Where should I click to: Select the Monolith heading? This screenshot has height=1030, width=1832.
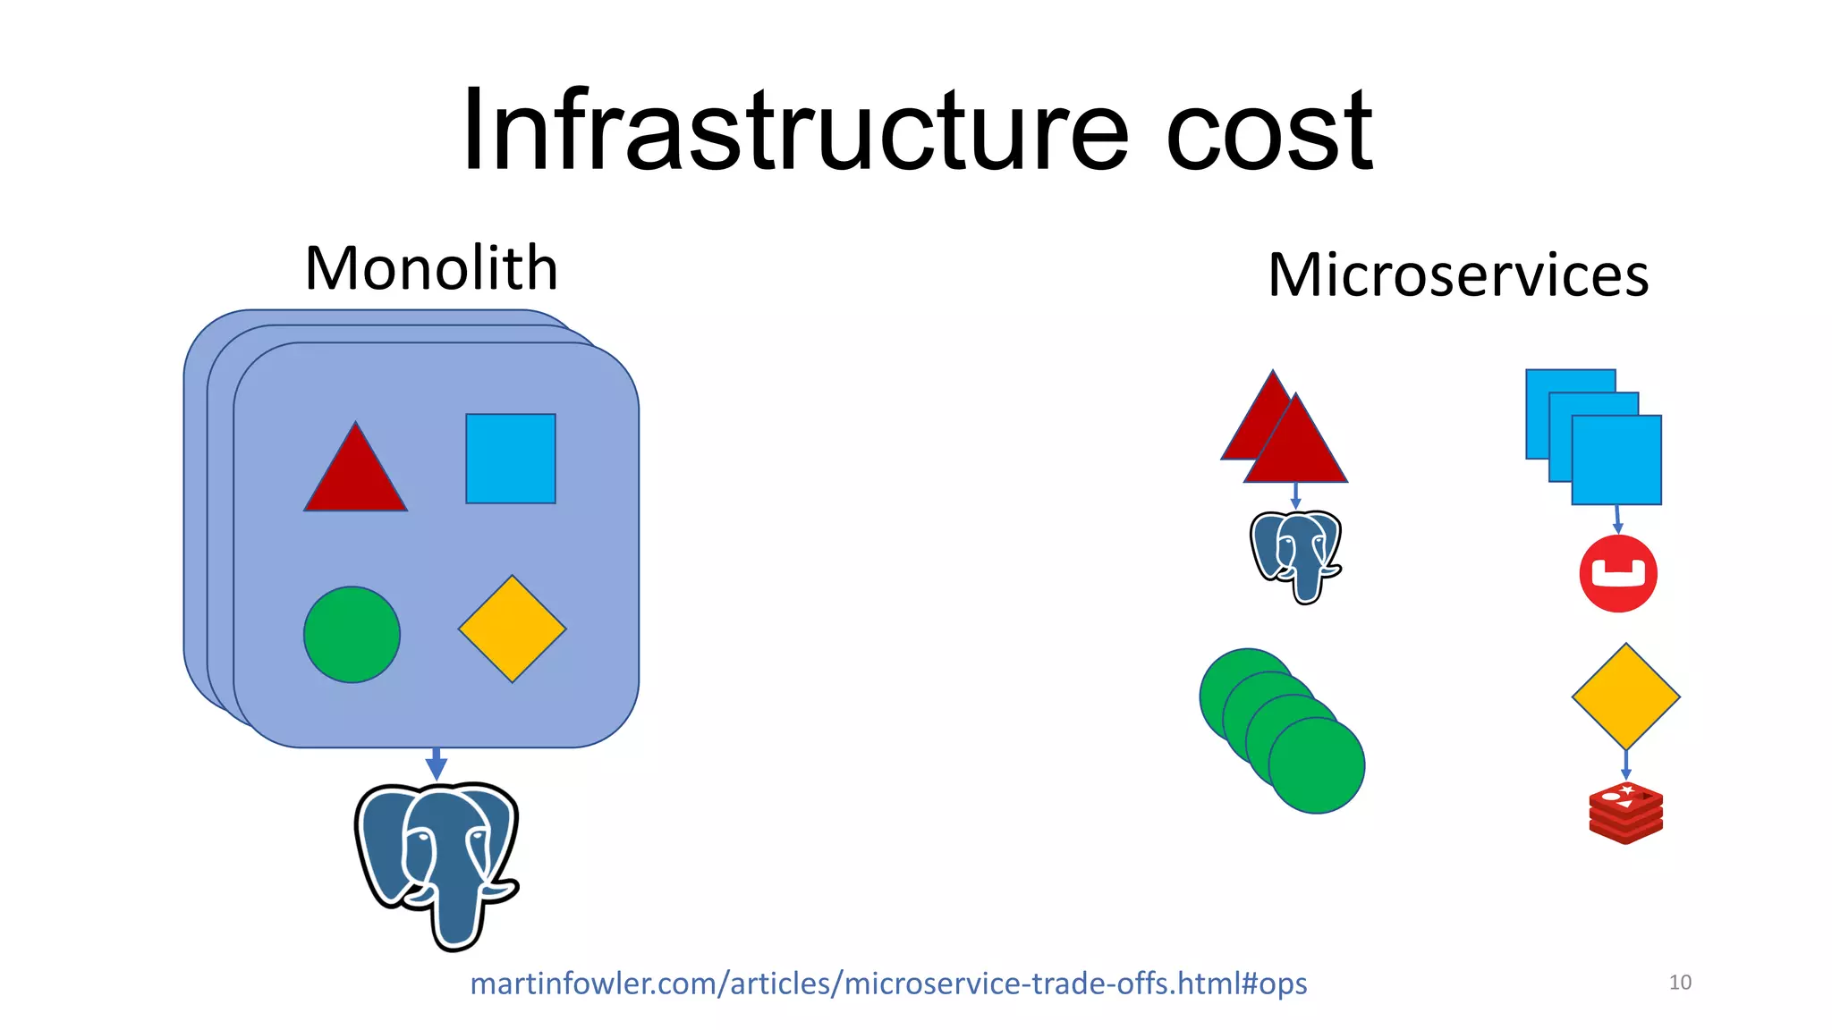(431, 268)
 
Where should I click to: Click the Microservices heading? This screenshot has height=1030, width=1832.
(1458, 274)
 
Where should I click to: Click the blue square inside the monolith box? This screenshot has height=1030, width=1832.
(511, 459)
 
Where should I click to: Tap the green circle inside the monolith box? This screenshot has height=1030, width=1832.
(352, 635)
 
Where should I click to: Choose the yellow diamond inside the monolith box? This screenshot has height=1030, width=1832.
(512, 629)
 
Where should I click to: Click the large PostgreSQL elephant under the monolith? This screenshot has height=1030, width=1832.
(437, 863)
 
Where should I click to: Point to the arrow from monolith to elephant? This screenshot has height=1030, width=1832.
(436, 764)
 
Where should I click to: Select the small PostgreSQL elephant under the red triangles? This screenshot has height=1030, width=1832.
(1296, 555)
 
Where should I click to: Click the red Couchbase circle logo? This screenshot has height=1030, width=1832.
(1618, 574)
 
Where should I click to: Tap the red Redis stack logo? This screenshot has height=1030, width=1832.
(1625, 813)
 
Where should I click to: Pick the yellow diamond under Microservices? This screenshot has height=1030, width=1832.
(1625, 697)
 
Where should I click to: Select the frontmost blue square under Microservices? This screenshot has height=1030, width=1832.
(1616, 460)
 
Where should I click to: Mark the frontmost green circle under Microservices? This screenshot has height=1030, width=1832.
(1318, 765)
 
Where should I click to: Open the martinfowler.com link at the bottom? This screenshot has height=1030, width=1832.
(888, 984)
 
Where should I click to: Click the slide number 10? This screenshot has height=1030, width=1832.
(1680, 983)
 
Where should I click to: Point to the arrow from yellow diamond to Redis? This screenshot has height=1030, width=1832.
(1625, 764)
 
